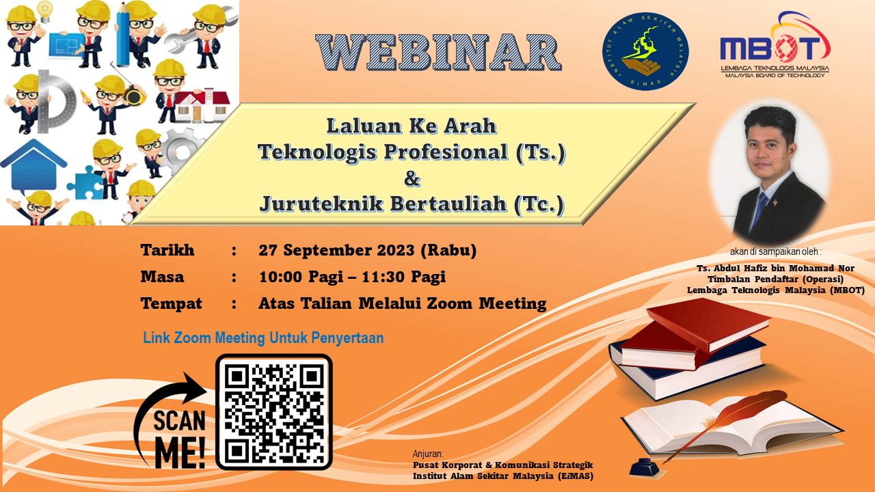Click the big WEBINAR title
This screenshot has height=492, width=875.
pos(438,53)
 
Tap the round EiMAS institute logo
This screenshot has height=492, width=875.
pos(645,51)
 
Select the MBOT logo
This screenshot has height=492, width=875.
pos(775,44)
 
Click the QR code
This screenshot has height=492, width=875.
pos(274,411)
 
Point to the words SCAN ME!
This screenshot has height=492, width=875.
pos(179,439)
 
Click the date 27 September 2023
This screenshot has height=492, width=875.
pos(336,250)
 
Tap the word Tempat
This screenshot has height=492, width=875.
pos(171,303)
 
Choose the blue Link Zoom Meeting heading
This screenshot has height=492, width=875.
pos(263,338)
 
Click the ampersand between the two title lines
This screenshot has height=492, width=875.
pos(412,178)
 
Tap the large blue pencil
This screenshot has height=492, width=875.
pos(123,34)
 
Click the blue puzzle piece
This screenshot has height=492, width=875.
pos(85,182)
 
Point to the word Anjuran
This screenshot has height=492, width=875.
pos(428,454)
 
